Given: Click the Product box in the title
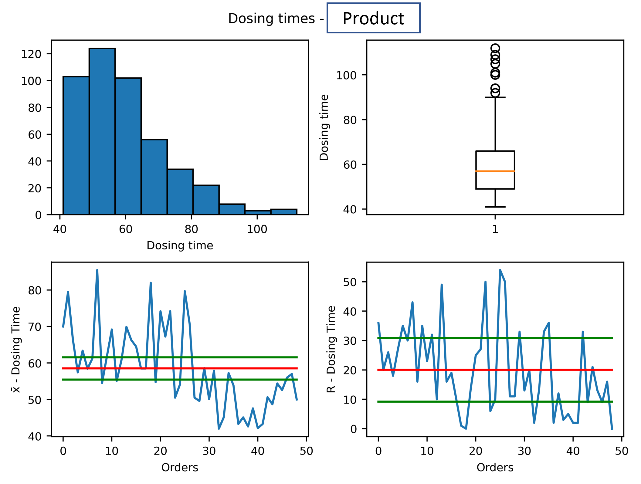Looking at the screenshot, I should [x=373, y=18].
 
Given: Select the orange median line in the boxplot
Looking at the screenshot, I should [x=495, y=171].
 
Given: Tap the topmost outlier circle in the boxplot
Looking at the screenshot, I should [x=495, y=48].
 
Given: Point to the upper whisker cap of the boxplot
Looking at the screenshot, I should [x=495, y=97].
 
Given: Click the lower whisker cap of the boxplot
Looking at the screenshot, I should [x=495, y=207].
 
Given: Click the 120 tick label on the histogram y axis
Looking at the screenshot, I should [x=31, y=54].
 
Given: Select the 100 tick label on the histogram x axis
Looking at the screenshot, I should [x=257, y=229].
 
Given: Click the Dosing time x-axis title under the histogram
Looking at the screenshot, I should [x=180, y=245].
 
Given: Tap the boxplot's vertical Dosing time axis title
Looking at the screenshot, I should [x=324, y=127].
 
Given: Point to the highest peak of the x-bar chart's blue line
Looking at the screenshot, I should [x=97, y=270].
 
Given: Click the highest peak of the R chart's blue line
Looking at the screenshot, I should [x=500, y=270].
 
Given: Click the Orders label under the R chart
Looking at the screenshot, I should [x=495, y=468].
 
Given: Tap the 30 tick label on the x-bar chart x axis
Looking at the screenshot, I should [x=209, y=451].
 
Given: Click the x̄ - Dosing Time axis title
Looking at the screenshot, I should [x=16, y=349].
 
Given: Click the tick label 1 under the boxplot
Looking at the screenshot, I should [x=495, y=229].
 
